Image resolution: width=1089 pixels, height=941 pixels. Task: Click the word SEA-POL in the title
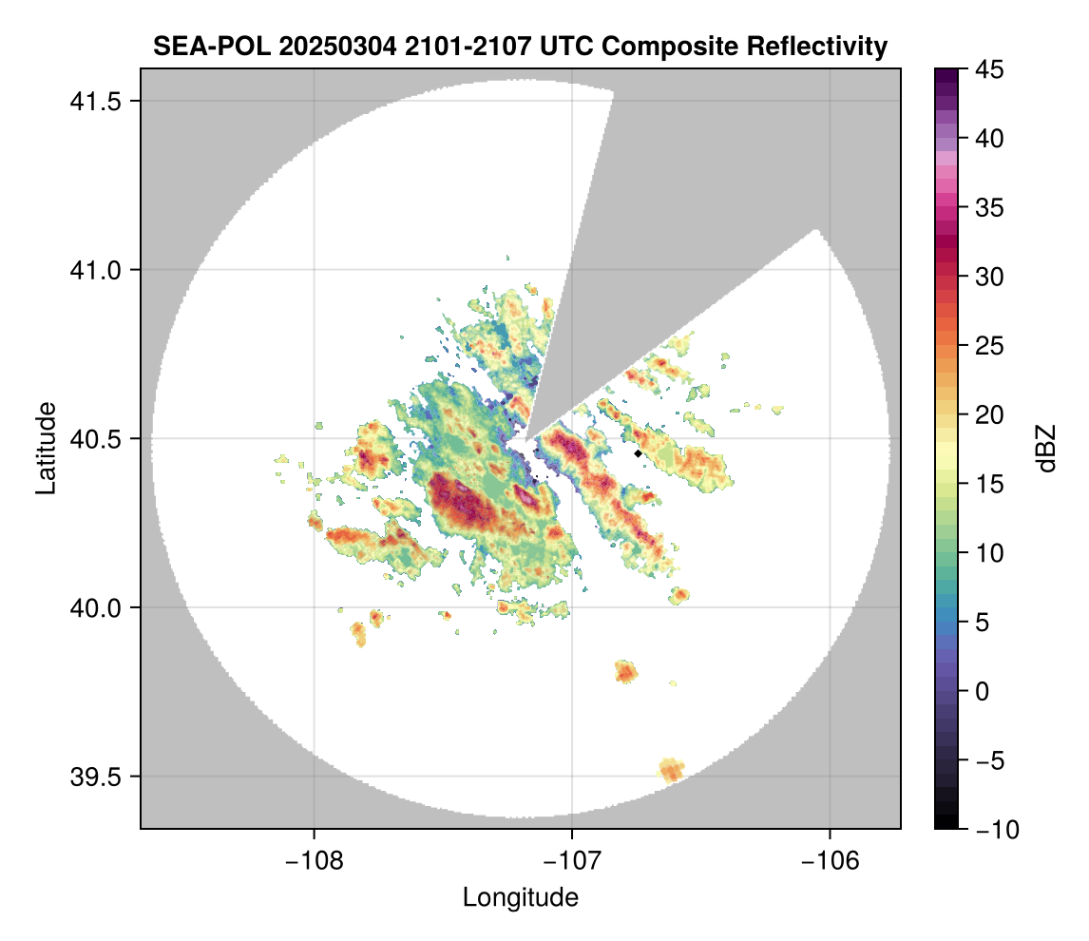click(201, 46)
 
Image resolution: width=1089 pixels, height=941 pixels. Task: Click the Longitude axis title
click(520, 896)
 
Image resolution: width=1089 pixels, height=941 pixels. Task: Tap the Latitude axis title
click(45, 448)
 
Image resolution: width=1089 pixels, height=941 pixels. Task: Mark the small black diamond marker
click(638, 454)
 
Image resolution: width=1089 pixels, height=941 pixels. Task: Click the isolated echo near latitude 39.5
click(671, 769)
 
